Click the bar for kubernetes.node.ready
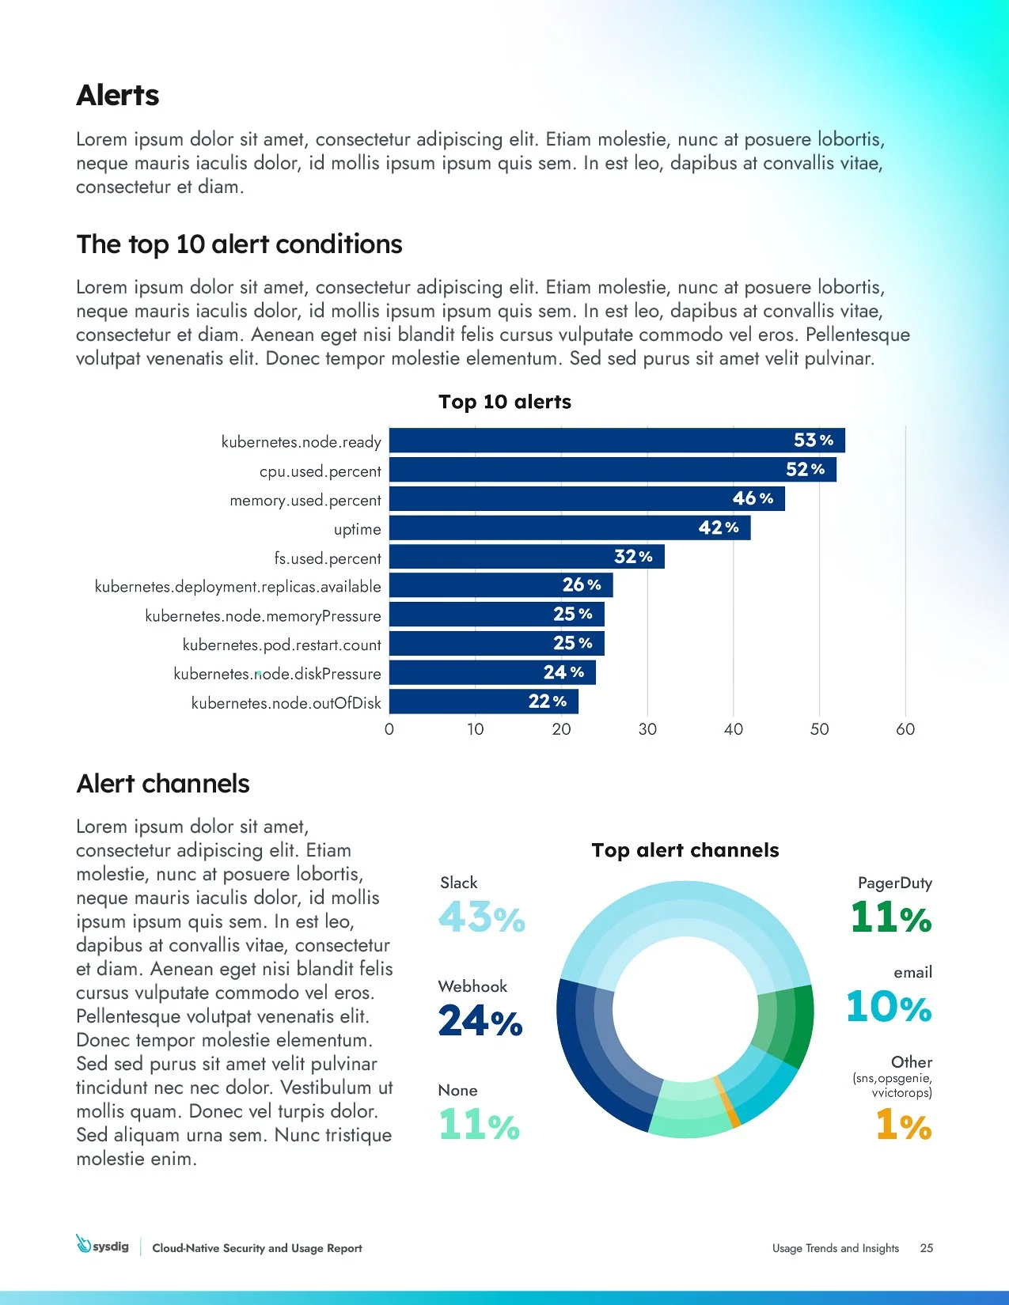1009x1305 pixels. coord(616,441)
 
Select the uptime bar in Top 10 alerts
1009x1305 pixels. coord(569,528)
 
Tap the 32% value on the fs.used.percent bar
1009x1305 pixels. coord(633,557)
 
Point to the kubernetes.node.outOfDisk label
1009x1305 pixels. coord(286,703)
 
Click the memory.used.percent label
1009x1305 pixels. coord(305,501)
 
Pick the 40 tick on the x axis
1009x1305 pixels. coord(733,729)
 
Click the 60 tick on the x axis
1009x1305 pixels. coord(905,729)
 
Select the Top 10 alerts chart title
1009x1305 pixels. coord(505,402)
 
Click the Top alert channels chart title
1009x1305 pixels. coord(685,850)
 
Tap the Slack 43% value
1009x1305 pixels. coord(481,918)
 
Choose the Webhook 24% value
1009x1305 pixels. coord(480,1021)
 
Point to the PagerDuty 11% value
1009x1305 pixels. coord(891,918)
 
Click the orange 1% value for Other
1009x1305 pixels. coord(903,1125)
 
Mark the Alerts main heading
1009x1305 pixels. coord(118,96)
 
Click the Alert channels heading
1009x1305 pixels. coord(163,784)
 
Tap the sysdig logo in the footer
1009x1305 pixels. coord(102,1246)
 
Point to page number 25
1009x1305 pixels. coord(927,1248)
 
